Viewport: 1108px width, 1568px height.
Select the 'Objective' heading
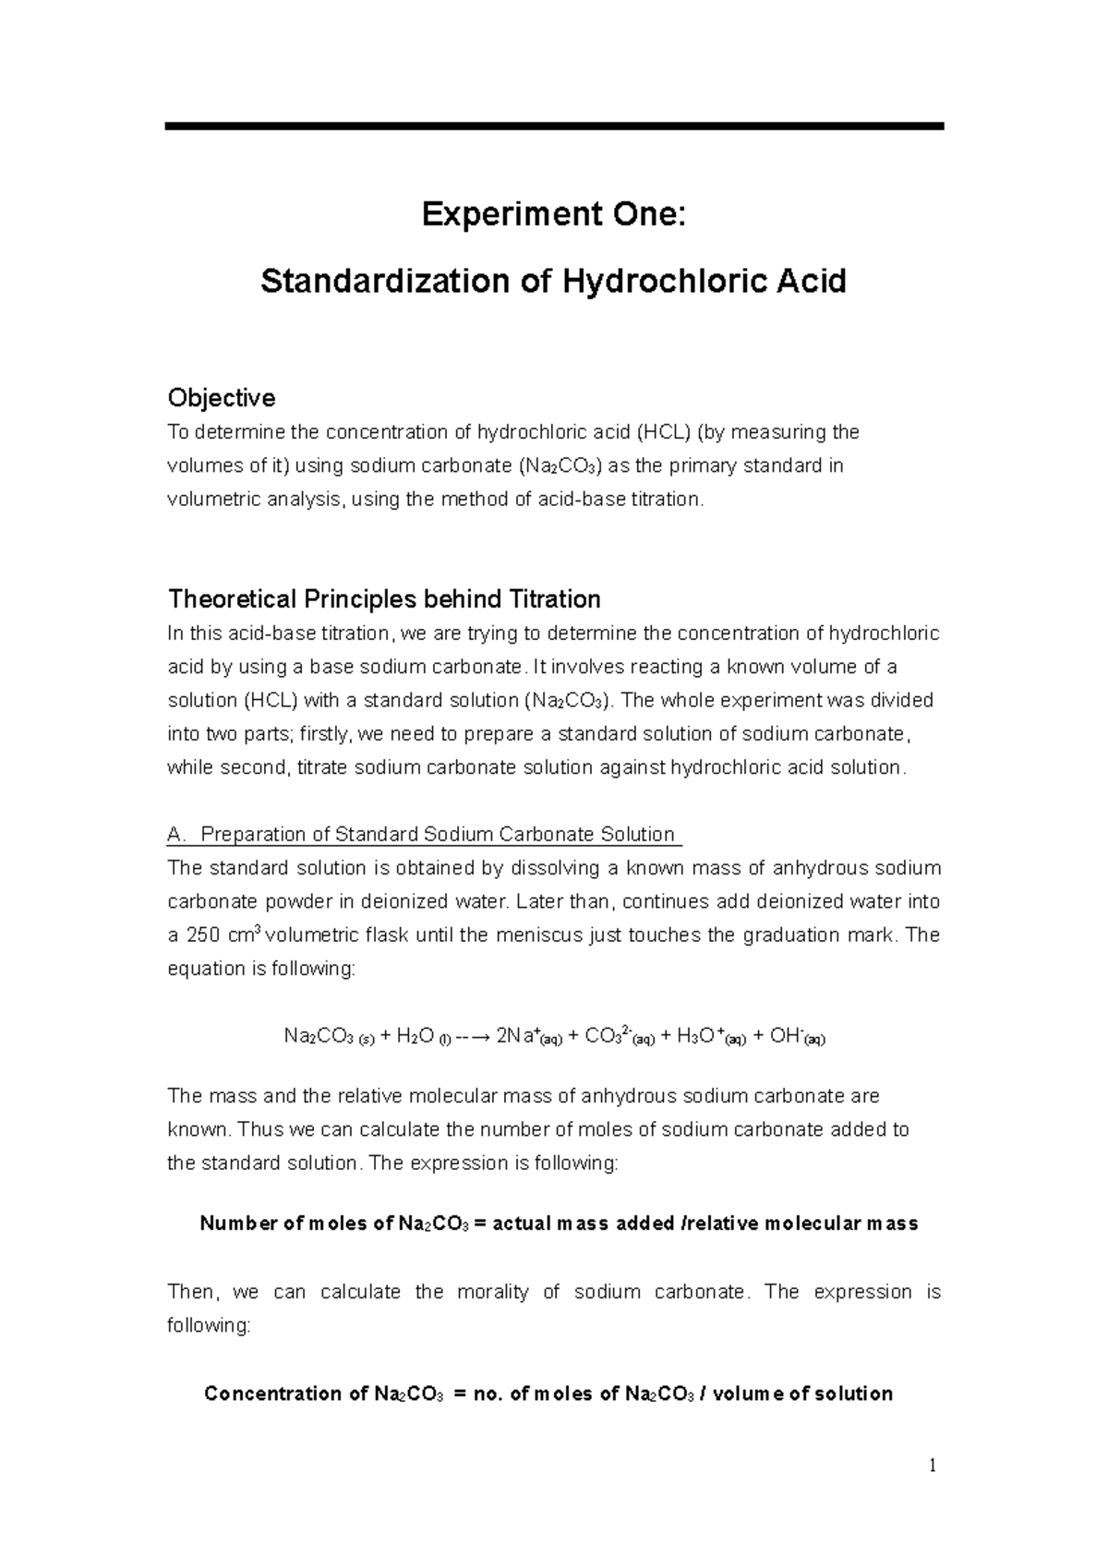pyautogui.click(x=221, y=398)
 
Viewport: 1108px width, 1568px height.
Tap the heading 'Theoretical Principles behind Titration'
pyautogui.click(x=384, y=599)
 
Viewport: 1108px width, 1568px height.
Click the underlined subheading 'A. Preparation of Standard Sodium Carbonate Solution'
pyautogui.click(x=423, y=835)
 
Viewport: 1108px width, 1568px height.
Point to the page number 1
pyautogui.click(x=933, y=1465)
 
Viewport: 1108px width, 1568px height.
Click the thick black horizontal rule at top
pyautogui.click(x=554, y=126)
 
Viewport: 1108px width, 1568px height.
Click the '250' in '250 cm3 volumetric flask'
pyautogui.click(x=203, y=935)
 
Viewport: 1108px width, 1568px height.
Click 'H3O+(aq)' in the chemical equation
pyautogui.click(x=711, y=1036)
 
